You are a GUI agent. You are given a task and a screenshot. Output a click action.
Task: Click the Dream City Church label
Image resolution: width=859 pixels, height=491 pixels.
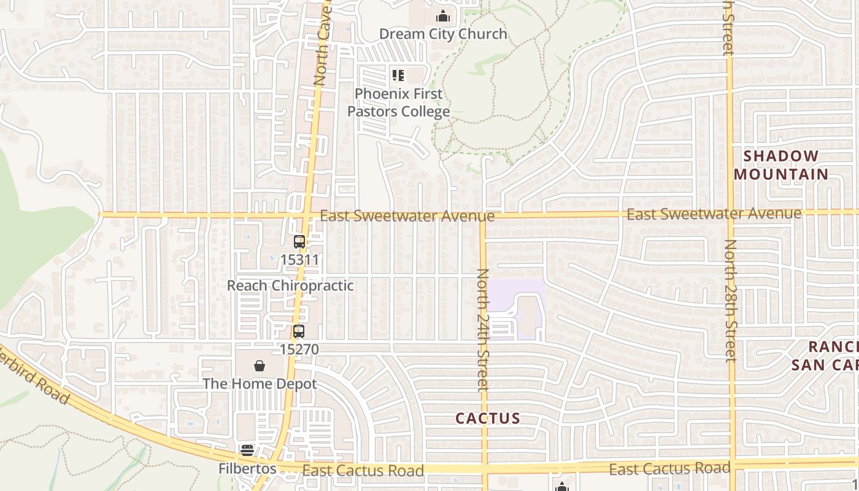click(x=443, y=34)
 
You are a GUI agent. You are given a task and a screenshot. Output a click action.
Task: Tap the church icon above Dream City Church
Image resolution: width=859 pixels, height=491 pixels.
click(x=442, y=16)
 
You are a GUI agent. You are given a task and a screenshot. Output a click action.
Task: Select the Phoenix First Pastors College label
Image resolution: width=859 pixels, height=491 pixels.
click(x=399, y=102)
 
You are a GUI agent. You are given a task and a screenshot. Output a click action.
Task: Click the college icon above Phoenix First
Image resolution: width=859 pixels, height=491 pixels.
click(x=398, y=75)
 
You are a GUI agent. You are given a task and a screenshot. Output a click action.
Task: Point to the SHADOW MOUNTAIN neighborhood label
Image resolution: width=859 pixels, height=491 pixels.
click(x=781, y=165)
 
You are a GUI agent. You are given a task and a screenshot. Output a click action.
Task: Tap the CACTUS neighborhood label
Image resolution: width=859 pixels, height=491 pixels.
click(x=488, y=419)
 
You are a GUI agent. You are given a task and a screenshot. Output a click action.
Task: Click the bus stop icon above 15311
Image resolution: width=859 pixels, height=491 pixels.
click(x=299, y=242)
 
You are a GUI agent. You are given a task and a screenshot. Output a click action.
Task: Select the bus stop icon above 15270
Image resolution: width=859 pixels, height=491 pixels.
click(x=299, y=331)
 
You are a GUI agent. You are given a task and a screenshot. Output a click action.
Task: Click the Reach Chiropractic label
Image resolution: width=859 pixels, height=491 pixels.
click(x=290, y=285)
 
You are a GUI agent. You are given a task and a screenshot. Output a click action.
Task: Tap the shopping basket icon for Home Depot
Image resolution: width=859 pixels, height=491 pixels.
click(x=260, y=366)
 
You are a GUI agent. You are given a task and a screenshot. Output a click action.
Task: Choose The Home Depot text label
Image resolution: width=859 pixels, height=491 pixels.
click(x=260, y=384)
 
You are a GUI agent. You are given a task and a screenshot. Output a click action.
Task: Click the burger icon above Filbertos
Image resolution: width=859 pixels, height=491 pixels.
click(x=247, y=450)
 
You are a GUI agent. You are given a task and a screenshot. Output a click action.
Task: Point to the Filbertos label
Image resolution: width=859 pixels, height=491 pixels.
click(x=247, y=468)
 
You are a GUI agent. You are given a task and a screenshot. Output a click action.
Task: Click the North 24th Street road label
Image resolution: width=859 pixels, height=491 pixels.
click(x=483, y=330)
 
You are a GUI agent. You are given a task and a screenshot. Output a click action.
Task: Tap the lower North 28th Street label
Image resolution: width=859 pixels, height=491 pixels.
click(x=730, y=300)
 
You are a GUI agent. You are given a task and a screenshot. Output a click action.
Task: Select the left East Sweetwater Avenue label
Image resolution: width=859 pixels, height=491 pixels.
click(x=407, y=216)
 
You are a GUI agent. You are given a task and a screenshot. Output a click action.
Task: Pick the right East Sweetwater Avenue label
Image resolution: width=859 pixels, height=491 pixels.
click(x=714, y=214)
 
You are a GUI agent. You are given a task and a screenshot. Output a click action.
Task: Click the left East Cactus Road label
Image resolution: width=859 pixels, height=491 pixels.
click(x=363, y=471)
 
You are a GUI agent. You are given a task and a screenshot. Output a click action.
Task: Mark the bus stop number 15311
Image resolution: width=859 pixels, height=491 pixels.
click(x=299, y=260)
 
